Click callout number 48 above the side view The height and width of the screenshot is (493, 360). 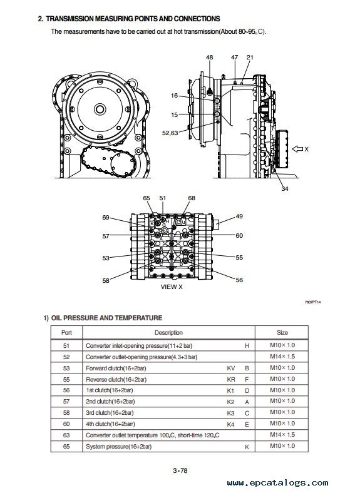pyautogui.click(x=209, y=57)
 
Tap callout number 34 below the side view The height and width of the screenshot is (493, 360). pyautogui.click(x=284, y=188)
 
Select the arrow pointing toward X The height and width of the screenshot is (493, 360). pyautogui.click(x=297, y=149)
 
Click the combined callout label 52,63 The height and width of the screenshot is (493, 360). pyautogui.click(x=170, y=133)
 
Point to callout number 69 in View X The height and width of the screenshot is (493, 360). pyautogui.click(x=106, y=217)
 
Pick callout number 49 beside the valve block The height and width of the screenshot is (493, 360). pyautogui.click(x=239, y=216)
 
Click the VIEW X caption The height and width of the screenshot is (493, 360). pyautogui.click(x=172, y=287)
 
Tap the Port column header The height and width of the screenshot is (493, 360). pyautogui.click(x=66, y=332)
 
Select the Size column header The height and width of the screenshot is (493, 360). pyautogui.click(x=282, y=332)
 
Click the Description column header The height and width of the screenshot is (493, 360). pyautogui.click(x=168, y=332)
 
